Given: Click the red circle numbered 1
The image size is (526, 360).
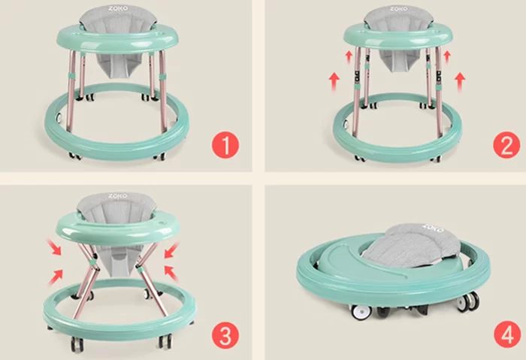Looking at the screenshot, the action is pos(225,146).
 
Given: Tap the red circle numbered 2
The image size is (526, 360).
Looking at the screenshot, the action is pos(506,144).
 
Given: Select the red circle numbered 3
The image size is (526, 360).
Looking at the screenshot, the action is pos(225,335).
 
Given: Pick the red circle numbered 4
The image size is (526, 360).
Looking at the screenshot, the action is pos(507,335).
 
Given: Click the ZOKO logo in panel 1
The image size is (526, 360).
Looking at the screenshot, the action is pos(118,8).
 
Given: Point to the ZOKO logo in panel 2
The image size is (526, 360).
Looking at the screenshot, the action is pos(398,8).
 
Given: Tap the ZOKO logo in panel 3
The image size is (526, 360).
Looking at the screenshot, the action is pos(118,195).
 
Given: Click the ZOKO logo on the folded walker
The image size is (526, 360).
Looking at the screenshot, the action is pos(434,228).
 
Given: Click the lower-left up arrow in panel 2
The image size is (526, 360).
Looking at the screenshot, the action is pos(334,82).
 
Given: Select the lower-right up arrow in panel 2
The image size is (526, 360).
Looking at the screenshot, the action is pos(460,82).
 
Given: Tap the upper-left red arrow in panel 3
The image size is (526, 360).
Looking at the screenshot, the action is pos(54,247).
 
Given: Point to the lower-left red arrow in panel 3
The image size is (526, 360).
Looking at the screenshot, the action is pos(56,277).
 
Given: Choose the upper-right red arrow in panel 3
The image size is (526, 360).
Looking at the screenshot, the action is pos(172,250).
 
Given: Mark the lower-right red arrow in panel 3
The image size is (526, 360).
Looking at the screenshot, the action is pos(171,273).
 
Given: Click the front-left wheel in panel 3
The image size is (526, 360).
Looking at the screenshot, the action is pos(77,344).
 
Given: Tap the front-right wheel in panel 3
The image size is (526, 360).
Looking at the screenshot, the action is pos(165,341).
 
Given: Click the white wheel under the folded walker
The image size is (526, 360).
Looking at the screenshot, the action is pos(361,312).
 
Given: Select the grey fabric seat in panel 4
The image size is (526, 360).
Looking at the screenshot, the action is pos(411,246).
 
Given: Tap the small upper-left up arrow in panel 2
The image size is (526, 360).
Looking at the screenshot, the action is pos(349,56).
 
